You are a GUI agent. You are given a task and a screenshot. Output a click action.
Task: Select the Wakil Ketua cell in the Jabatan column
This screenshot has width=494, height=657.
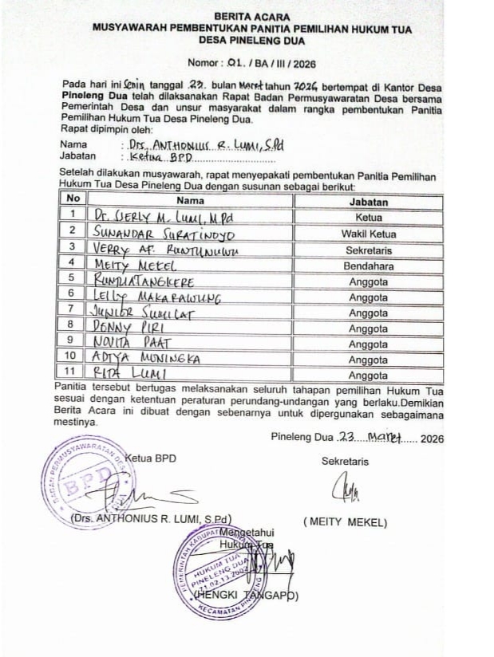368,234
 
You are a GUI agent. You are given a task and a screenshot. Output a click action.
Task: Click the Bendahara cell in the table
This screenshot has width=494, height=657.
368,264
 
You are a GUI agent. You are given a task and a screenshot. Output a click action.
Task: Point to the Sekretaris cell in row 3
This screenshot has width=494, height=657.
368,249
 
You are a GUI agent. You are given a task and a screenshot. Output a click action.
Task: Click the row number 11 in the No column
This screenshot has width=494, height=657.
72,372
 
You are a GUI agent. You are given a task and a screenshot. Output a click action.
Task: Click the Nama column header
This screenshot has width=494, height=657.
190,200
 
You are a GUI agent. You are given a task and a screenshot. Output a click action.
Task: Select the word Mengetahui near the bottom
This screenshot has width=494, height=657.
247,532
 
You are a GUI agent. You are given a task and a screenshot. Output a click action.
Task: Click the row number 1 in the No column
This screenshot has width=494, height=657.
72,215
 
